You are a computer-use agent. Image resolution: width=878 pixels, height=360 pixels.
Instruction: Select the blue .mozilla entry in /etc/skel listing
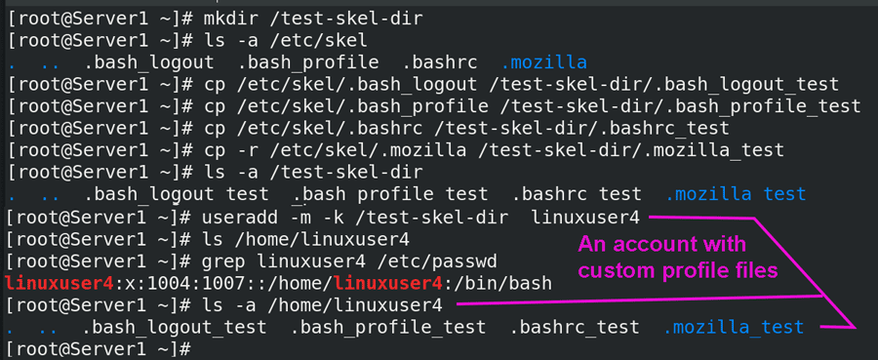click(543, 62)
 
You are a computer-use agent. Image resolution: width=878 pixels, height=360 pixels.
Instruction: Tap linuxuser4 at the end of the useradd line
click(585, 217)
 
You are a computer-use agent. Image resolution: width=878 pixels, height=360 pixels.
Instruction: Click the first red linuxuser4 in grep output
click(59, 283)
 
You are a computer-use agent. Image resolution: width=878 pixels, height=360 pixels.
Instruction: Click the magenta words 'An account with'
click(662, 245)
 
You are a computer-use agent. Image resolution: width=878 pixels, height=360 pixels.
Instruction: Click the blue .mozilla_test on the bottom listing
click(734, 327)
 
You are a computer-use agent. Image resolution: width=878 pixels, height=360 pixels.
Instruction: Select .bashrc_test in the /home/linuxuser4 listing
click(575, 327)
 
